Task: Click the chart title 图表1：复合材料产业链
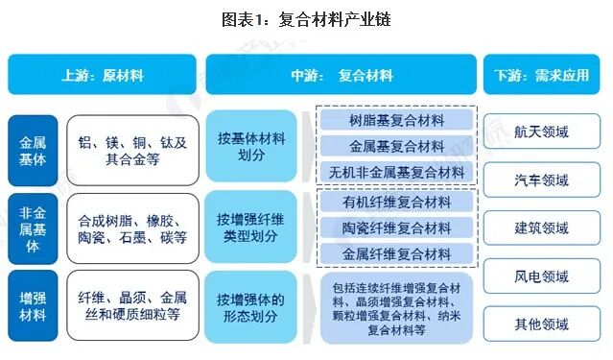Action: [x=305, y=18]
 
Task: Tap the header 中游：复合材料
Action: [x=341, y=74]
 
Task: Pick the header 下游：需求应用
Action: [x=542, y=74]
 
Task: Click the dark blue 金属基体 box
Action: [x=32, y=150]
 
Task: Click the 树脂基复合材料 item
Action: [x=396, y=120]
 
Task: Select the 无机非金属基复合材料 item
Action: [x=396, y=173]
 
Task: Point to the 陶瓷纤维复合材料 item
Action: [x=396, y=228]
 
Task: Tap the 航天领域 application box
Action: [x=542, y=131]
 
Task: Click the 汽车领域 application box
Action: [x=542, y=179]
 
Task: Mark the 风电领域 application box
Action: [x=542, y=276]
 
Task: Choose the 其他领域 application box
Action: [x=542, y=324]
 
